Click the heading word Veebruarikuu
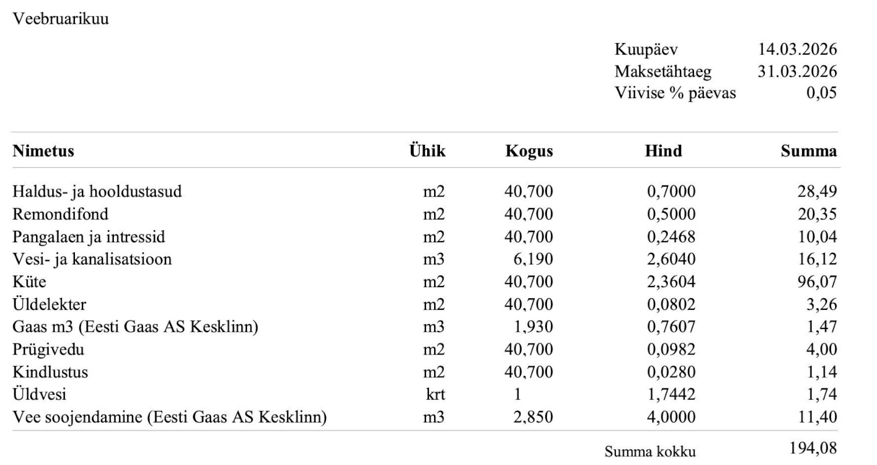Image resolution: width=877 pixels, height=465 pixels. pyautogui.click(x=60, y=19)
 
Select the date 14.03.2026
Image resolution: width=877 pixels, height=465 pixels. pyautogui.click(x=797, y=49)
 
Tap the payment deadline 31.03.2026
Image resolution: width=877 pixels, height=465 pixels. pyautogui.click(x=797, y=71)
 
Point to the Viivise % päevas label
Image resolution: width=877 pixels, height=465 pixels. pyautogui.click(x=675, y=93)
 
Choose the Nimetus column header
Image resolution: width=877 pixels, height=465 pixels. pyautogui.click(x=44, y=151)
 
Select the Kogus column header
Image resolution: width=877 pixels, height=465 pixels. pyautogui.click(x=529, y=152)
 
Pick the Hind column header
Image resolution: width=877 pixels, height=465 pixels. pyautogui.click(x=663, y=151)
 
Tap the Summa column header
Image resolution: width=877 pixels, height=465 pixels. pyautogui.click(x=808, y=152)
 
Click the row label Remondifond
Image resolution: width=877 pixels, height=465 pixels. pyautogui.click(x=60, y=214)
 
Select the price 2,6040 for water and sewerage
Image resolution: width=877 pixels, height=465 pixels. pyautogui.click(x=671, y=259)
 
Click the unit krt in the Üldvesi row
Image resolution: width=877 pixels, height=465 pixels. pyautogui.click(x=435, y=395)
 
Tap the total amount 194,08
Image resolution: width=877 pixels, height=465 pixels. pyautogui.click(x=813, y=448)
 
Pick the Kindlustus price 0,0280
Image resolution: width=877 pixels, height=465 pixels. pyautogui.click(x=671, y=372)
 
